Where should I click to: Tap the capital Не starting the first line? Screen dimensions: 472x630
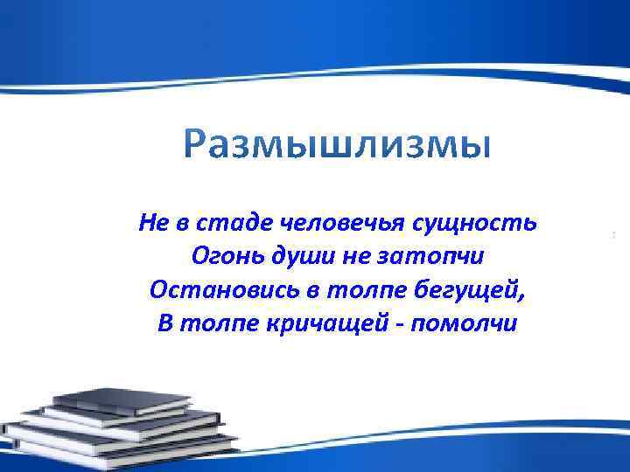(151, 223)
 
